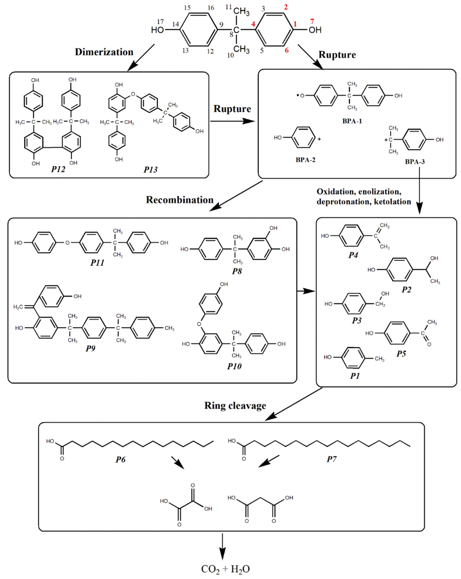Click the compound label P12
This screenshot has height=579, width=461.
58,169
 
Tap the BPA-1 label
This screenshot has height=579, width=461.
352,121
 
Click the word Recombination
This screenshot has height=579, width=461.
180,200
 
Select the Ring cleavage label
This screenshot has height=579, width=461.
235,405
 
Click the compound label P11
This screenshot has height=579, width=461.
97,263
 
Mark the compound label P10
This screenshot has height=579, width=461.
234,366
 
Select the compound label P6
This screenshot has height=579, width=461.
121,459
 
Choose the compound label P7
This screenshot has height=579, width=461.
331,459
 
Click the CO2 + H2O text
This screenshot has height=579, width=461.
225,569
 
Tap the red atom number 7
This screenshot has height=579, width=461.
312,21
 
